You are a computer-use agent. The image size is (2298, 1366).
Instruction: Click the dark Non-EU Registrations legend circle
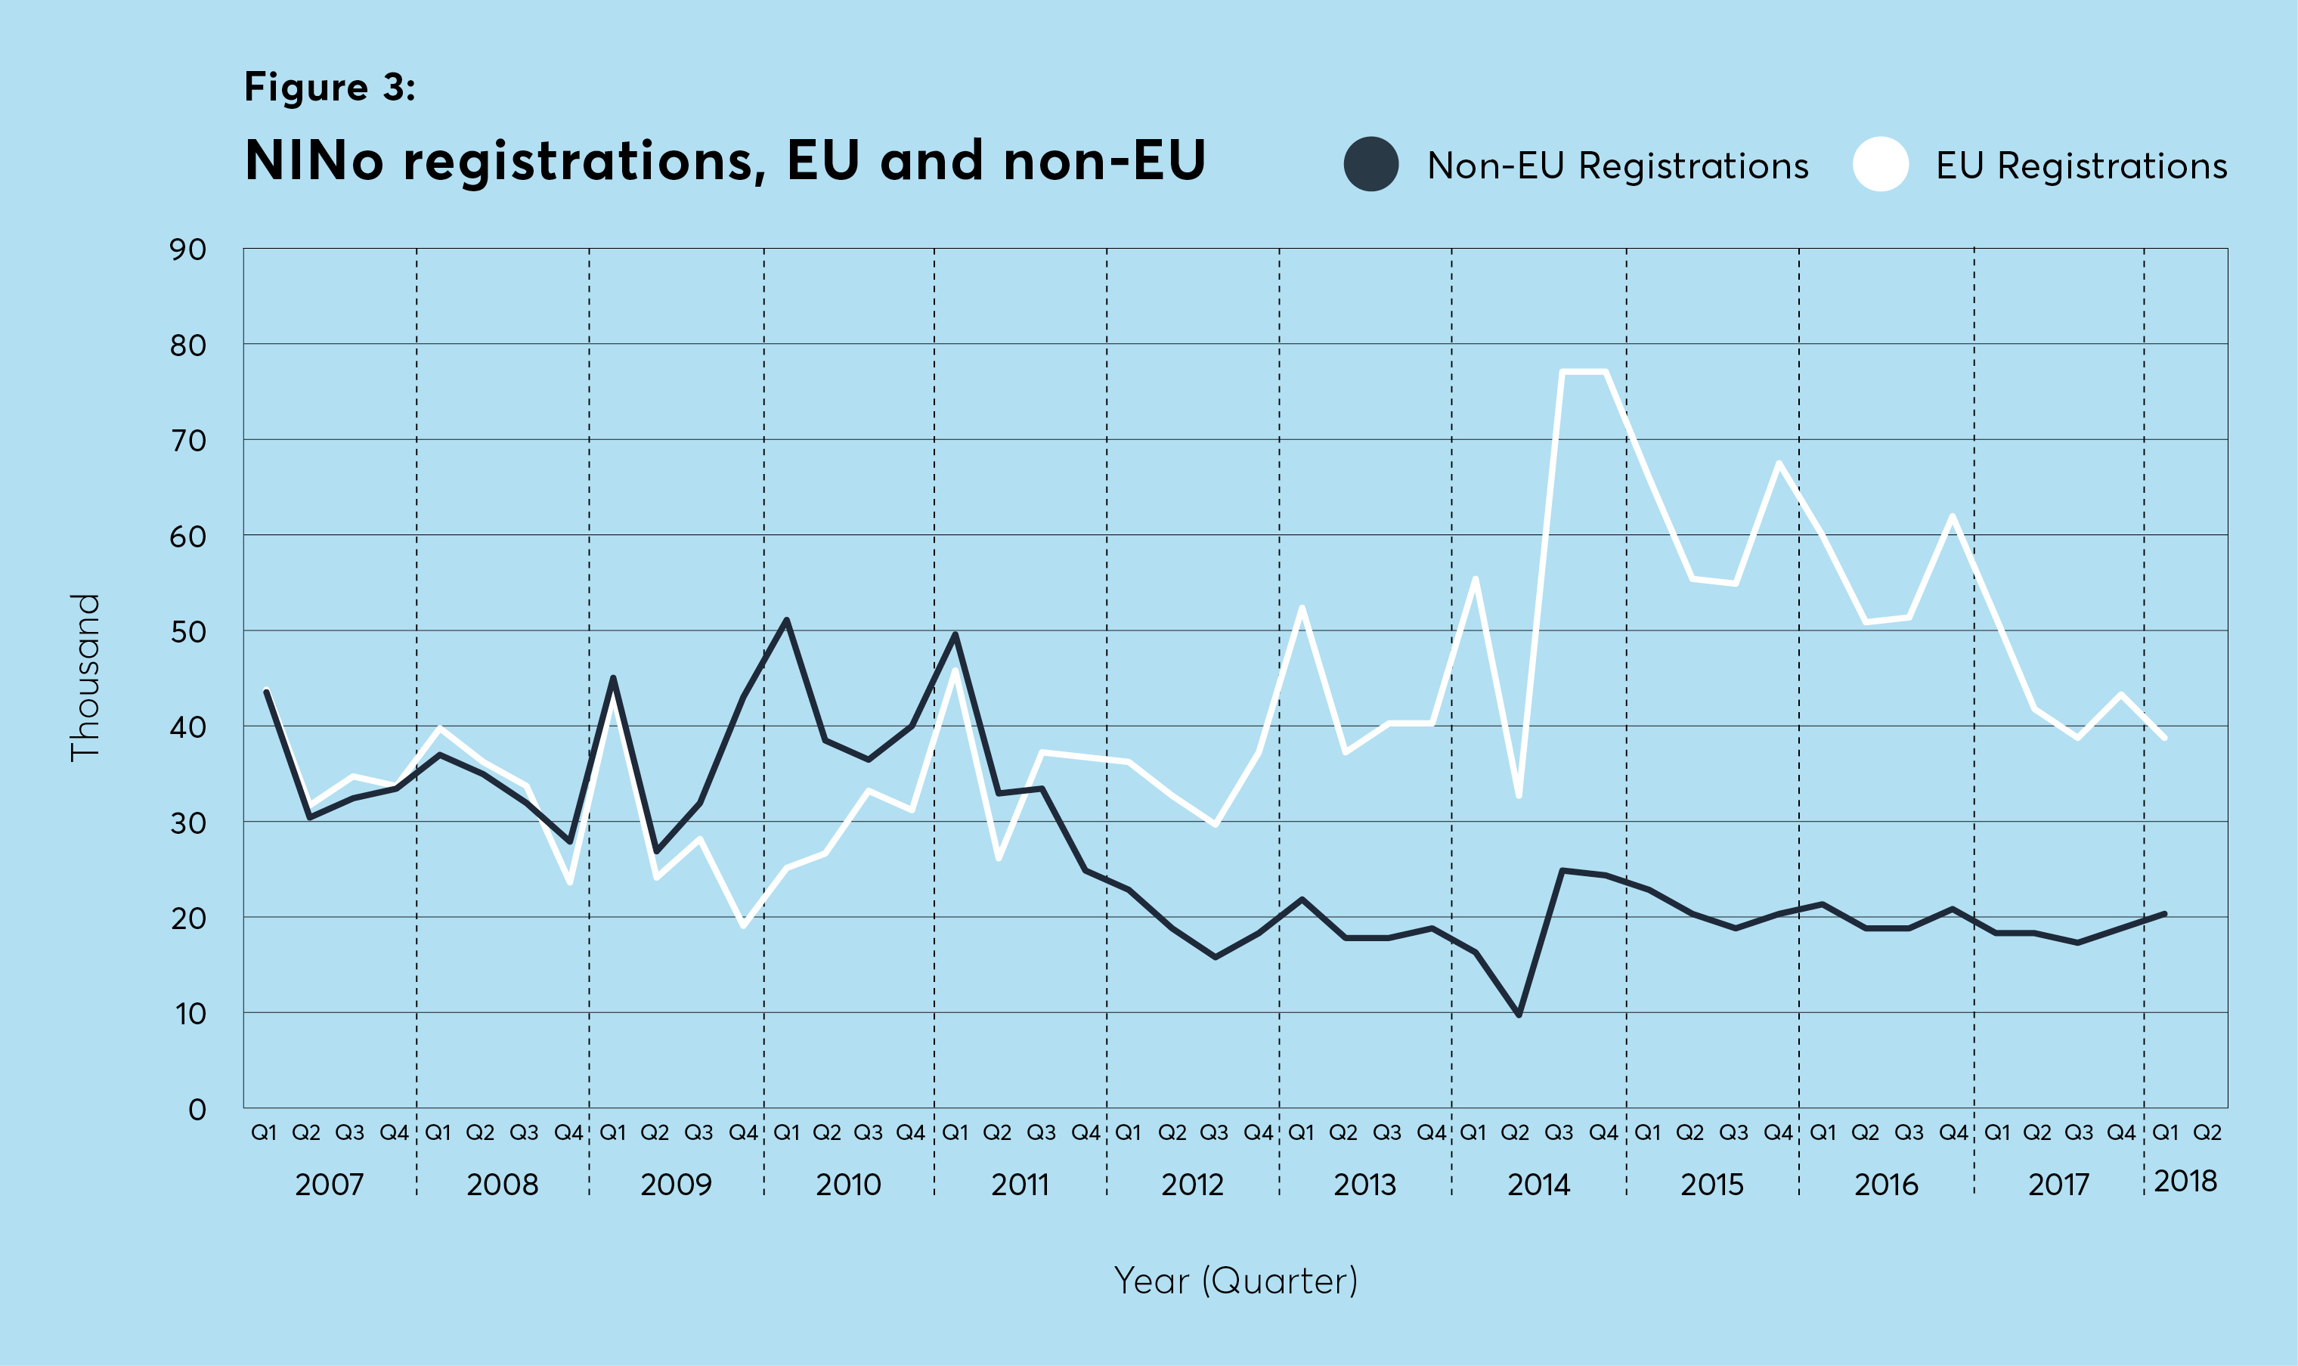pos(1370,165)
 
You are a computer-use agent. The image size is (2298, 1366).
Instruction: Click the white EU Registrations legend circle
pos(1879,165)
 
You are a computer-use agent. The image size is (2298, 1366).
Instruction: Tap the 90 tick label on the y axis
pos(187,249)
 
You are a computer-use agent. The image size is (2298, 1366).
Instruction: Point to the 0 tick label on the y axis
pos(197,1109)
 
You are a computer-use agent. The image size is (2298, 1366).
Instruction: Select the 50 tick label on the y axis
pos(187,633)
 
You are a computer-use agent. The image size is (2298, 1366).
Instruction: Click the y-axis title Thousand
pos(85,677)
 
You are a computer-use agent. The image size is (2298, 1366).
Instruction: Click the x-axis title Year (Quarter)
pos(1235,1281)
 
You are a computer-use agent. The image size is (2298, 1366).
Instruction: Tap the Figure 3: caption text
pos(330,88)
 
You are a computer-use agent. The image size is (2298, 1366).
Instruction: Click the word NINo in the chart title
pos(314,161)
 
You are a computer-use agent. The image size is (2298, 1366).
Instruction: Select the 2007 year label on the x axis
pos(330,1184)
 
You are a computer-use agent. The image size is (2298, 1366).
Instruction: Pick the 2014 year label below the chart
pos(1538,1184)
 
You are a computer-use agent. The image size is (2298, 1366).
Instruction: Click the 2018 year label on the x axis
pos(2185,1181)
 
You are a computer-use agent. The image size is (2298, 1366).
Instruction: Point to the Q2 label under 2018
pos(2207,1132)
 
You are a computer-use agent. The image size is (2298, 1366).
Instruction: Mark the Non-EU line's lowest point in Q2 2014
pos(1519,1014)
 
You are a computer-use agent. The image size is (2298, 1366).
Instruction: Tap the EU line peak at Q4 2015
pos(1778,462)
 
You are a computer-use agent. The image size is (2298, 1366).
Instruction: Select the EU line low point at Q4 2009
pos(742,925)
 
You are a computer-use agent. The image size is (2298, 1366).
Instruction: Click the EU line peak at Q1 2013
pos(1301,608)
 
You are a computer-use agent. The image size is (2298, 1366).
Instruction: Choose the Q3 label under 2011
pos(1041,1132)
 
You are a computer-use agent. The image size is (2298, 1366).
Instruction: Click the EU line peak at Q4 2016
pos(1951,516)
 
